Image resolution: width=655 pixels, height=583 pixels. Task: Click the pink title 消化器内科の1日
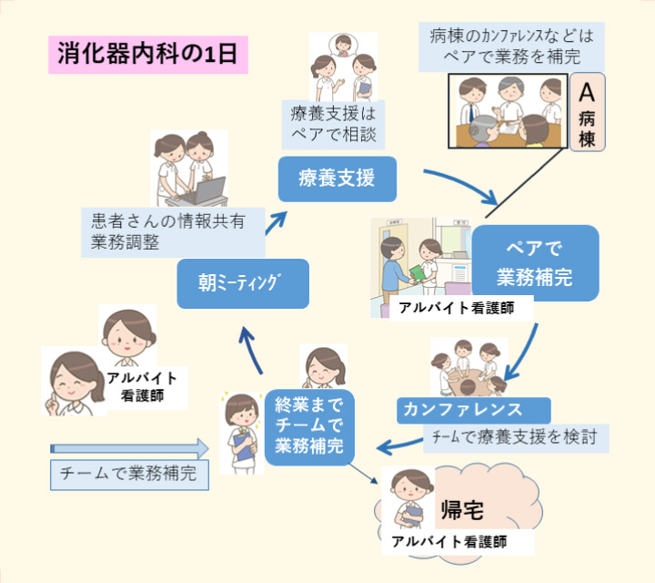tap(146, 54)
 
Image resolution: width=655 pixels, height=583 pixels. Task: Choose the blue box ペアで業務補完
tap(535, 262)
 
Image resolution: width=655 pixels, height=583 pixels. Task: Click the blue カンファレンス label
tap(473, 408)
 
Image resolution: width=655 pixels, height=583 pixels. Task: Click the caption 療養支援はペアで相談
tap(333, 125)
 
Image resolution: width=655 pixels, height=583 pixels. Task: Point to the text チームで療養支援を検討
tap(515, 437)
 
